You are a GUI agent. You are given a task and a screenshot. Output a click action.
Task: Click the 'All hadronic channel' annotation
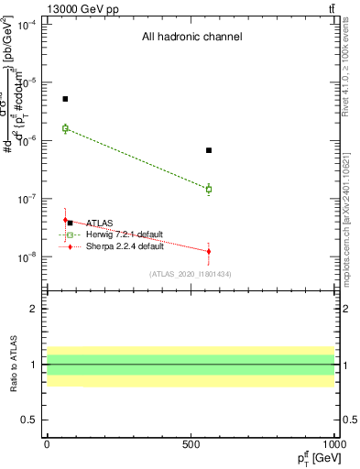click(x=191, y=38)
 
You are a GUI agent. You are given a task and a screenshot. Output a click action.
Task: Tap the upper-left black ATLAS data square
click(x=65, y=99)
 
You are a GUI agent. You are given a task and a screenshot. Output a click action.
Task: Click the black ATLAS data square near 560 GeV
click(x=209, y=150)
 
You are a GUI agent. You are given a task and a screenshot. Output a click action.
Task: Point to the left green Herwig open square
click(x=65, y=128)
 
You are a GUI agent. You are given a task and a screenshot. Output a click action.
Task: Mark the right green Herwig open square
click(x=209, y=190)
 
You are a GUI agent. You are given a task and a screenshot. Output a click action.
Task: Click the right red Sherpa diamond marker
click(x=209, y=251)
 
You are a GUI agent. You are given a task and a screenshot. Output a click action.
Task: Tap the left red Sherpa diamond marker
click(x=65, y=220)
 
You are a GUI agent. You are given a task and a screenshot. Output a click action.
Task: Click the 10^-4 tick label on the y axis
click(x=26, y=24)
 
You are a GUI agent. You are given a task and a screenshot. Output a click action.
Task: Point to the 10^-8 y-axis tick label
click(x=26, y=257)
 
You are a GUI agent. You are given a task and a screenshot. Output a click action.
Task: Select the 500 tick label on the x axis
click(x=191, y=443)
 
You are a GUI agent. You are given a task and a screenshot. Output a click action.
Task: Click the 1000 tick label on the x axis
click(x=334, y=443)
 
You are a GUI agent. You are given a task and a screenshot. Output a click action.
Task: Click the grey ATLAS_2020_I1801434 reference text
click(x=191, y=274)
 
